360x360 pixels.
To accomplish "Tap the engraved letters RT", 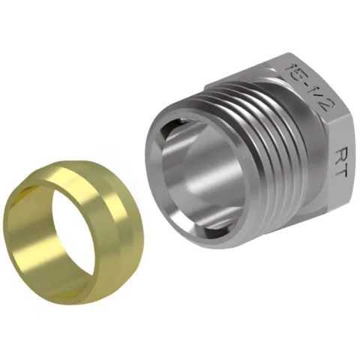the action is click(340, 163).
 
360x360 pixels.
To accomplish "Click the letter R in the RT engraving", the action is click(340, 154).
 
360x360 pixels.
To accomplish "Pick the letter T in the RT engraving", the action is click(340, 171).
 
